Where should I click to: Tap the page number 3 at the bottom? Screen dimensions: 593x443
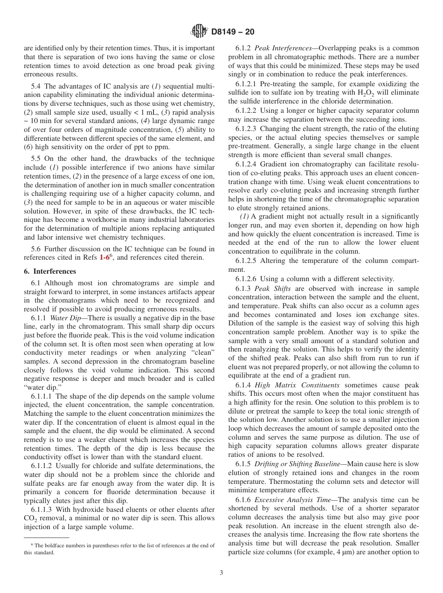[221, 573]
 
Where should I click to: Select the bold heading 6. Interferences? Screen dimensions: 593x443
[50, 271]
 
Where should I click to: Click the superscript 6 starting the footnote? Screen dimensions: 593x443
[32, 545]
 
